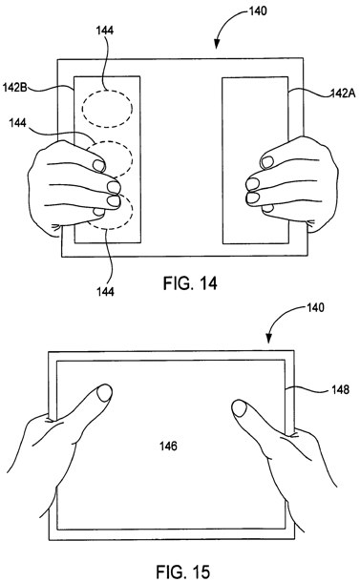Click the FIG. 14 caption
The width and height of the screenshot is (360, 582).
(190, 283)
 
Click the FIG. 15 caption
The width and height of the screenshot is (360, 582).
(182, 572)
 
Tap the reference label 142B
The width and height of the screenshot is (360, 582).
(15, 88)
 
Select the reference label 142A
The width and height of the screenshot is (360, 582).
(343, 94)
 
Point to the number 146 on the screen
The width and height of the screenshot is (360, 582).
(168, 446)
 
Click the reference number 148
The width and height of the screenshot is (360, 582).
(340, 389)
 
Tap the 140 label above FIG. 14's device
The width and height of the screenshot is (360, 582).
(258, 10)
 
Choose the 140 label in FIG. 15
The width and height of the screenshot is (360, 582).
(315, 307)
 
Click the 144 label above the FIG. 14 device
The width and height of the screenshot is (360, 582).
(105, 31)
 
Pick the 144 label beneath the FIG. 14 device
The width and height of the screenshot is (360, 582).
(105, 292)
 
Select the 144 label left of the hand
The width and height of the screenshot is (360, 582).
(18, 122)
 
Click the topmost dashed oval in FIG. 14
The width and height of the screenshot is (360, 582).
(107, 92)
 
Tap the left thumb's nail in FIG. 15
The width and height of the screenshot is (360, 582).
(104, 393)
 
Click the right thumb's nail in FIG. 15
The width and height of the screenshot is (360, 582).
(240, 408)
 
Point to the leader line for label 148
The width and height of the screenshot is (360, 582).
(308, 388)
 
